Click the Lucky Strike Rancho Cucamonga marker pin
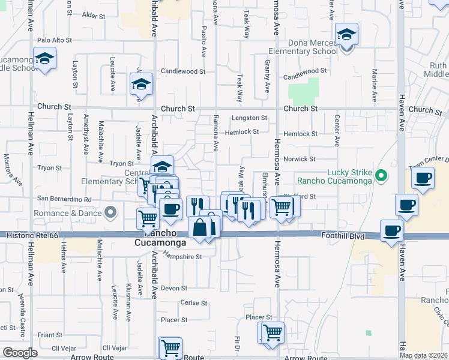coord(381,176)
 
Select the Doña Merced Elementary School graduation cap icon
coord(346,35)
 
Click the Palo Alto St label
coord(54,40)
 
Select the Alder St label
coord(92,14)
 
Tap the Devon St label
coord(174,288)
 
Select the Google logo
coord(20,353)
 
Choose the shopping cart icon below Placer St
coord(271,332)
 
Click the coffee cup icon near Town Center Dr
coord(424,178)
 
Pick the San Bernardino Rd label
coord(64,199)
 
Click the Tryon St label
coord(121,163)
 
